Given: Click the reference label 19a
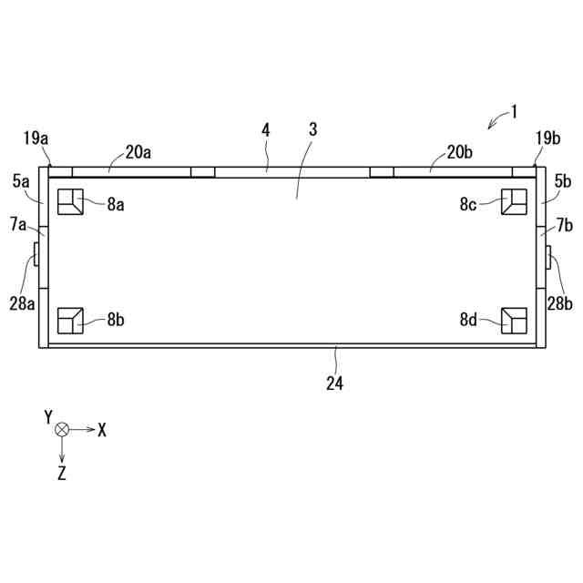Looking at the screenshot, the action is coord(36,138).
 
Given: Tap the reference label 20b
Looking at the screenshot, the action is coord(459,152).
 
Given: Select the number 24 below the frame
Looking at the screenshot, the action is coord(334,384).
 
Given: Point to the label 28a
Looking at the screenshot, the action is coord(22,303).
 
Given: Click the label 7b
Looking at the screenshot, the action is coord(565,225).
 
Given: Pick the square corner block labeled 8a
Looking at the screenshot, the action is coord(70,202).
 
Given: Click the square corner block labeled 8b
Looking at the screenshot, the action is coord(70,321).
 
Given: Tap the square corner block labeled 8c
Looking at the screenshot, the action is coord(514,202).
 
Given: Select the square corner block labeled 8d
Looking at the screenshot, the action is coord(514,321).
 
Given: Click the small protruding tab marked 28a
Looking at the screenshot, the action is coord(36,254).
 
